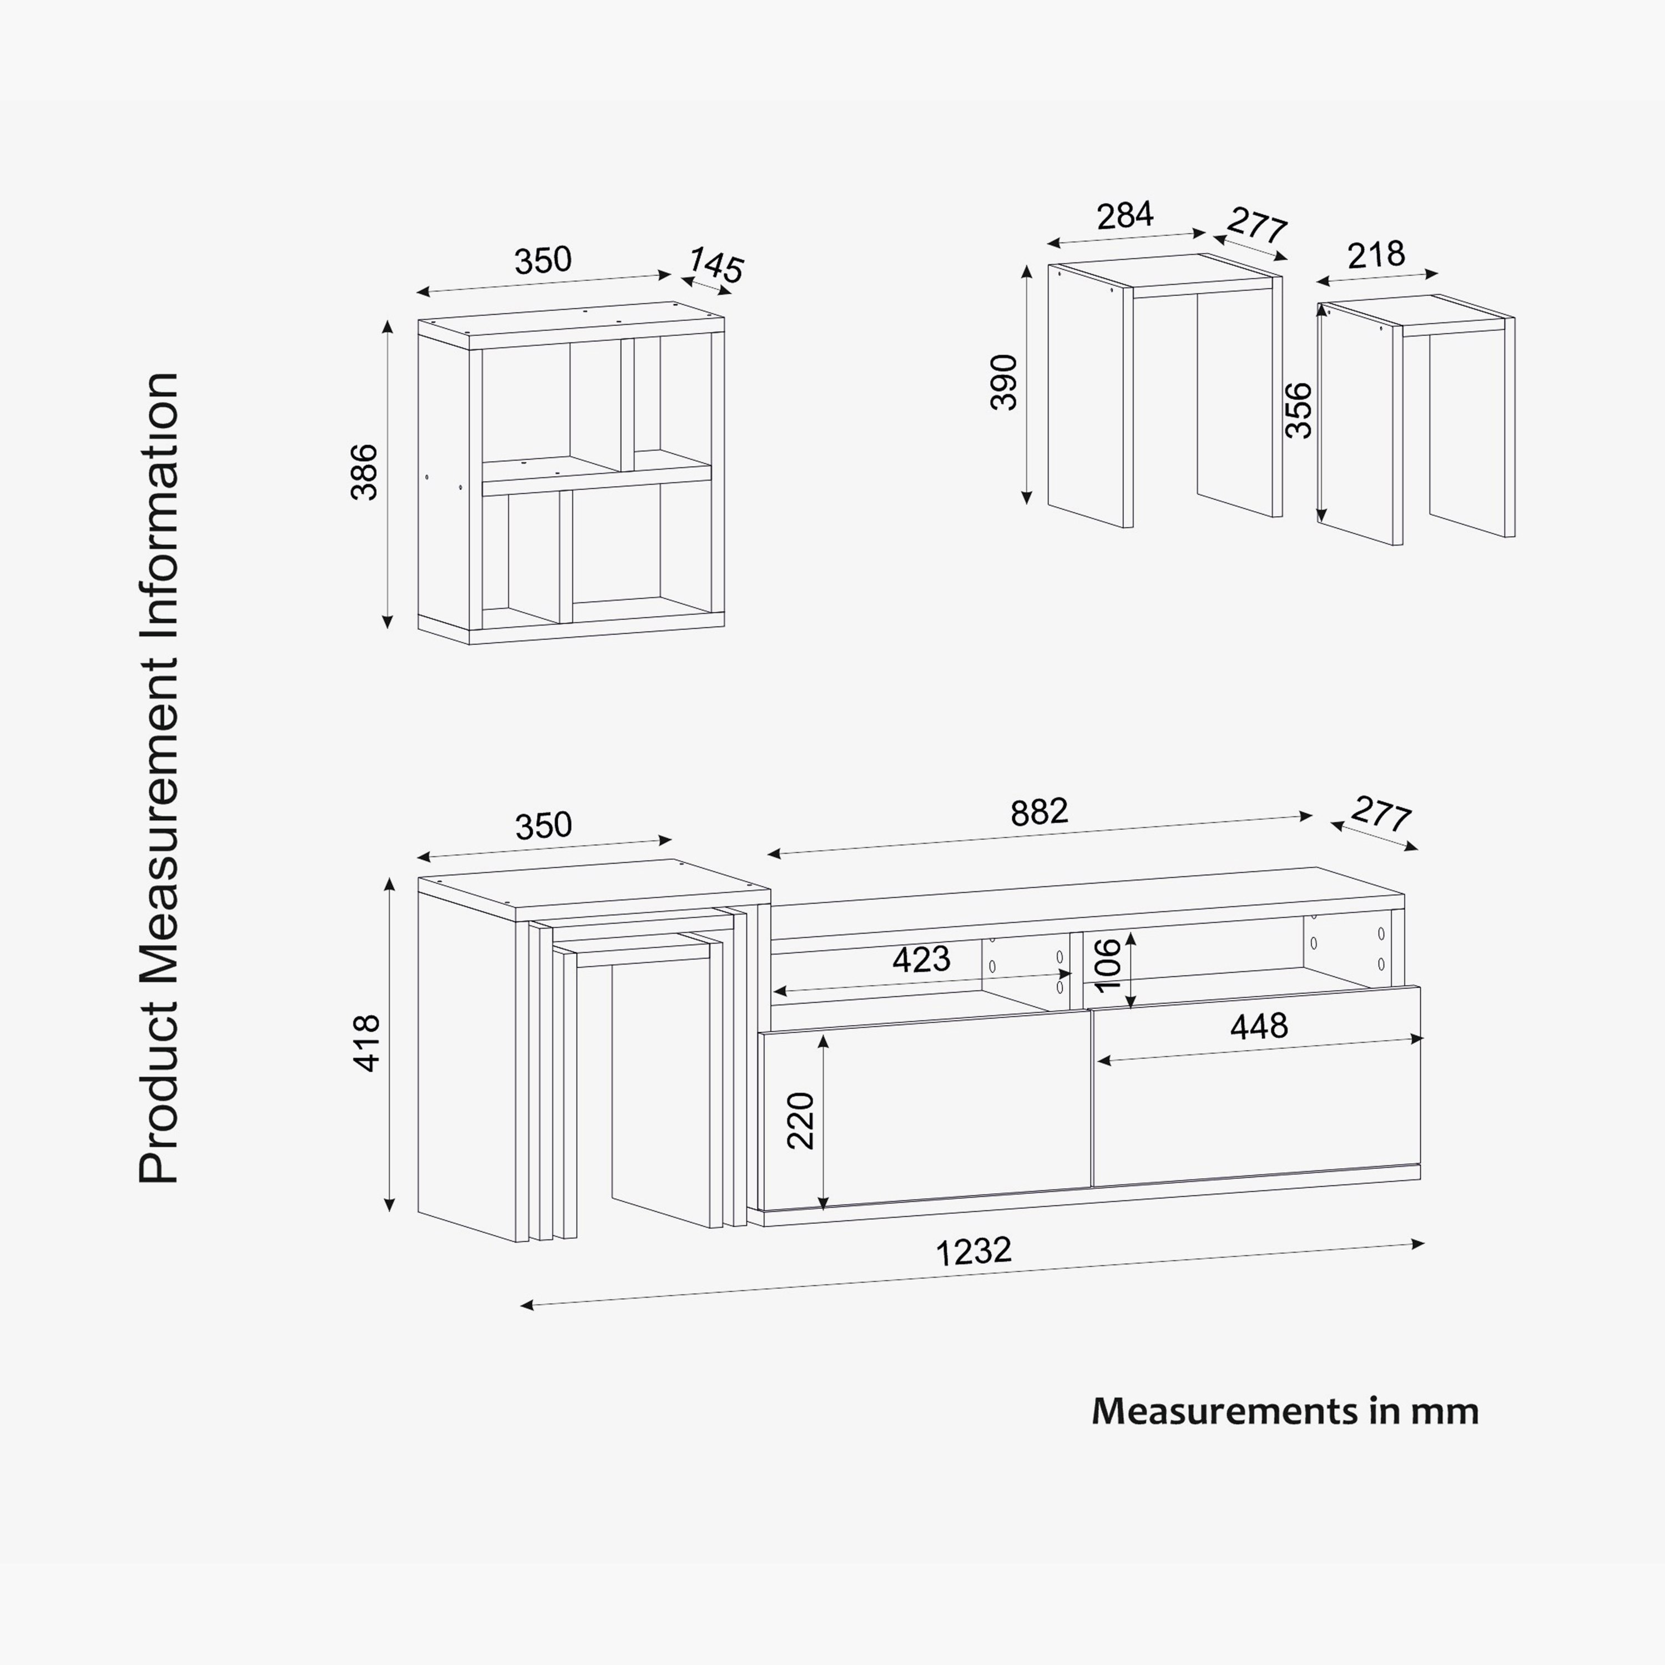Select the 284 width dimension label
1124,215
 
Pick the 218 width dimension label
1376,255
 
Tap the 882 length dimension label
1040,812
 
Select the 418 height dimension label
367,1043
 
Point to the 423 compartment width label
921,959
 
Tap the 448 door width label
1259,1026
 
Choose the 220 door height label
801,1121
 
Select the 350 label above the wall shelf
543,260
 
